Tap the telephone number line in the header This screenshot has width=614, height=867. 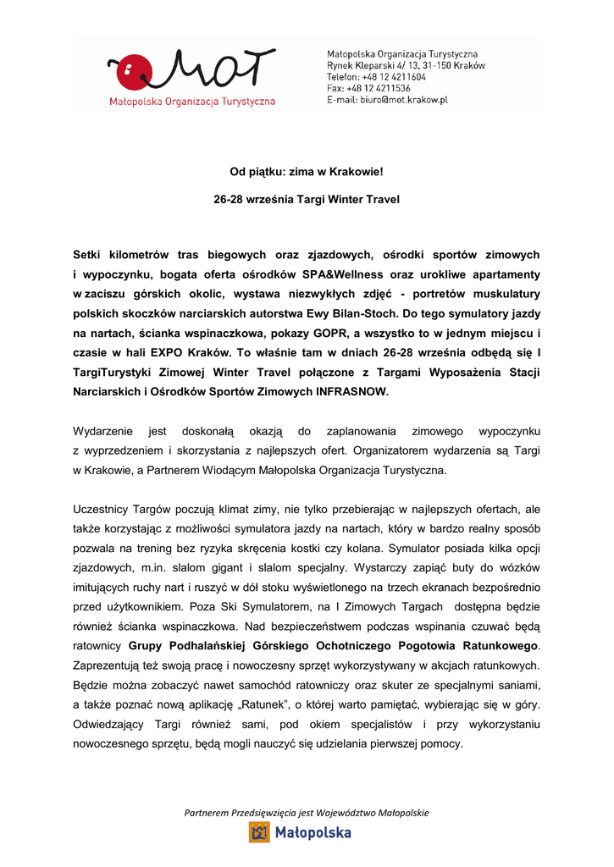coord(377,76)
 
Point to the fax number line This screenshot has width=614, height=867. coord(369,88)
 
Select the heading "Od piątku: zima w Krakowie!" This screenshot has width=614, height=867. coord(307,173)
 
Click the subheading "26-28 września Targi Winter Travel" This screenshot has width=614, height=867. coord(307,200)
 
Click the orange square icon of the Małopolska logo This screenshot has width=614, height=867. coord(259,832)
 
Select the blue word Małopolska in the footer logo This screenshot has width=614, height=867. coord(313,833)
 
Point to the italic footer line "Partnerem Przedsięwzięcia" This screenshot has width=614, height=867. coord(307,813)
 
